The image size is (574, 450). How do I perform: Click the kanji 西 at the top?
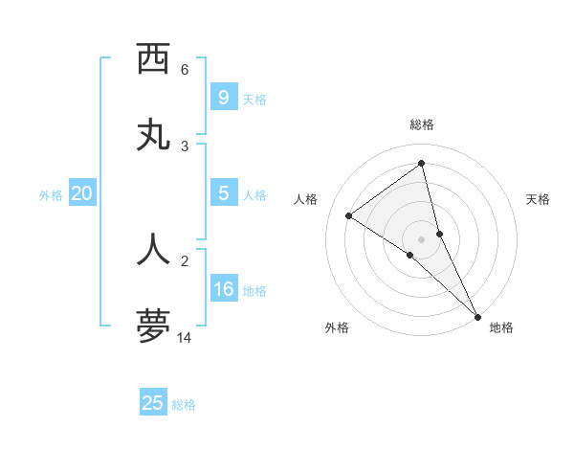(153, 59)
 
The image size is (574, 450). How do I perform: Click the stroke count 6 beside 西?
(185, 69)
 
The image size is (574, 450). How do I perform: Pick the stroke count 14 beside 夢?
(186, 337)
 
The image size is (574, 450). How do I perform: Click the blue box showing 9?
(223, 98)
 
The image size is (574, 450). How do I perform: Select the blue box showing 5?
(223, 193)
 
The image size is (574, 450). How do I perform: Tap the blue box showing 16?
(223, 289)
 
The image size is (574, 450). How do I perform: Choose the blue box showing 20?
(81, 193)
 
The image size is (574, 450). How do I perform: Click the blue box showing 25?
(153, 403)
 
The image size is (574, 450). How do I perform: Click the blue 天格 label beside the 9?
(254, 100)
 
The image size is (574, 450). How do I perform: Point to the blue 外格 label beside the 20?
(51, 195)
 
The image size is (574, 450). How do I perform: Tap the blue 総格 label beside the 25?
(184, 405)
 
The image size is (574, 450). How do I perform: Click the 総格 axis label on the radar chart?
(422, 124)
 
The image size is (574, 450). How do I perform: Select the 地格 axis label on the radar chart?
(501, 327)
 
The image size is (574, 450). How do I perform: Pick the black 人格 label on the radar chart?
(305, 199)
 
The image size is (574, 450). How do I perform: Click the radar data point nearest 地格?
(476, 316)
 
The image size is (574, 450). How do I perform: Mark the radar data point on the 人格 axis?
(348, 215)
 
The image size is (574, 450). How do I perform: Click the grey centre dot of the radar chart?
(422, 238)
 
